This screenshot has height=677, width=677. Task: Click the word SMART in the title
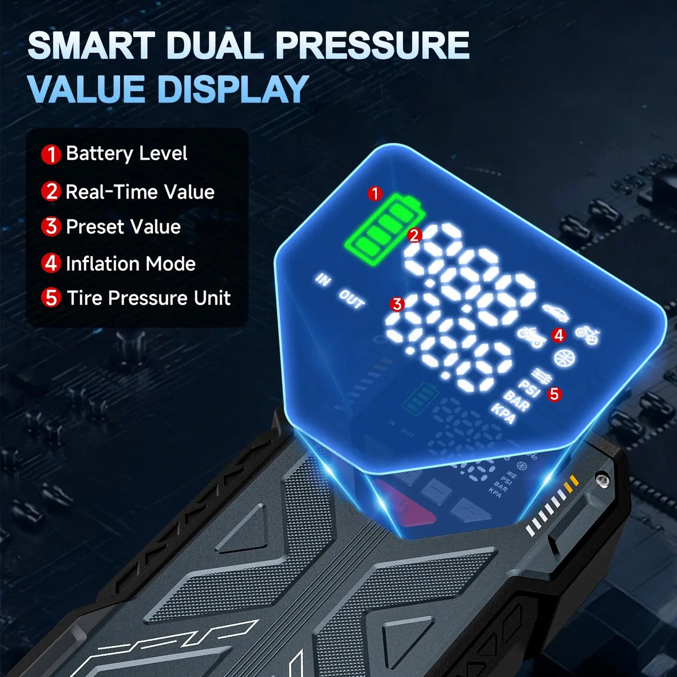(91, 45)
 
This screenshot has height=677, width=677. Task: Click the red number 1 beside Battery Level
(51, 154)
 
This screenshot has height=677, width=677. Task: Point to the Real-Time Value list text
(140, 192)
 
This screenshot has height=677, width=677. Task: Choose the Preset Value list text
(123, 227)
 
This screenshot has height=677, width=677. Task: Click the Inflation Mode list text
(130, 263)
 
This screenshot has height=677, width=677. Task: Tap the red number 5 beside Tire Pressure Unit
(51, 298)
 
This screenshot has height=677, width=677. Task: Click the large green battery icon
(384, 229)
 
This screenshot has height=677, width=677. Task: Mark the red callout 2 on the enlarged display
(415, 235)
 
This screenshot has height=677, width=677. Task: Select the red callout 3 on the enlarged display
(397, 304)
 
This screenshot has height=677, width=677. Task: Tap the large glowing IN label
(323, 280)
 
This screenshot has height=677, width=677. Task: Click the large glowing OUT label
(352, 299)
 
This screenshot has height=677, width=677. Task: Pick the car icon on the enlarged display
(556, 312)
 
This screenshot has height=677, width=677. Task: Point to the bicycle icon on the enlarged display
(587, 335)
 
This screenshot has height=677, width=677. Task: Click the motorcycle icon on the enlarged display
(531, 337)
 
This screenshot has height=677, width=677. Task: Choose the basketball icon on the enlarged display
(565, 358)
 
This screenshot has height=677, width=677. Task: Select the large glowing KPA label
(504, 414)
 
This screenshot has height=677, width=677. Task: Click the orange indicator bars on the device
(571, 482)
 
